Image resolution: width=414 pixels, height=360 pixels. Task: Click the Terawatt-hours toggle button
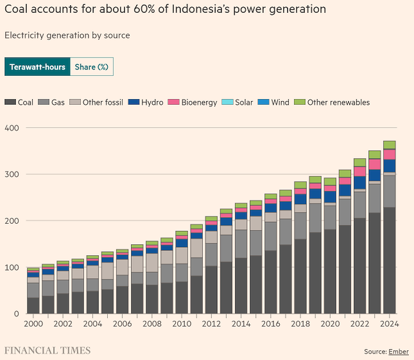[37, 66]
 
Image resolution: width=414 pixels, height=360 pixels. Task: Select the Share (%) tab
[92, 66]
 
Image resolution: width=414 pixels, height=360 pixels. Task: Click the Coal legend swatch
[10, 102]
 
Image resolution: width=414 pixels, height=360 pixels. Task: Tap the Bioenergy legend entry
[192, 102]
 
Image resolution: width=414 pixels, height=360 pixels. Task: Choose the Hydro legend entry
[146, 102]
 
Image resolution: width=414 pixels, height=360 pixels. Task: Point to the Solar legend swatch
[227, 102]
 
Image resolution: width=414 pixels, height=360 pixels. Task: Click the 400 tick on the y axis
[12, 128]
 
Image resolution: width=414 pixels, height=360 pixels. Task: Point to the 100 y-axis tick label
[12, 267]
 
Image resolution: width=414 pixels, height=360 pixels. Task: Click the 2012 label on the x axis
[211, 324]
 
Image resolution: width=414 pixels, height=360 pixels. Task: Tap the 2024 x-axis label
[390, 324]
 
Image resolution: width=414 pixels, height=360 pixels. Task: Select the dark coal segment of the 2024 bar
[390, 260]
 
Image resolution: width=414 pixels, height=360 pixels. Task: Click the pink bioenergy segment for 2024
[390, 155]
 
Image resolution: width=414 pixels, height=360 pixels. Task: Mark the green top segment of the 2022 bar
[360, 162]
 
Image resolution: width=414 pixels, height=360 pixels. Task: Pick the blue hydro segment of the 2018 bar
[301, 199]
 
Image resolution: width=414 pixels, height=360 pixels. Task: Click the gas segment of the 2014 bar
[241, 244]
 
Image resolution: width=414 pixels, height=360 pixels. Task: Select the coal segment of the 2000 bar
[33, 306]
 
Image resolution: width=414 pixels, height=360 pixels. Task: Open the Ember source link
[398, 352]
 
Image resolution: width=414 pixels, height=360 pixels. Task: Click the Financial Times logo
[48, 351]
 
